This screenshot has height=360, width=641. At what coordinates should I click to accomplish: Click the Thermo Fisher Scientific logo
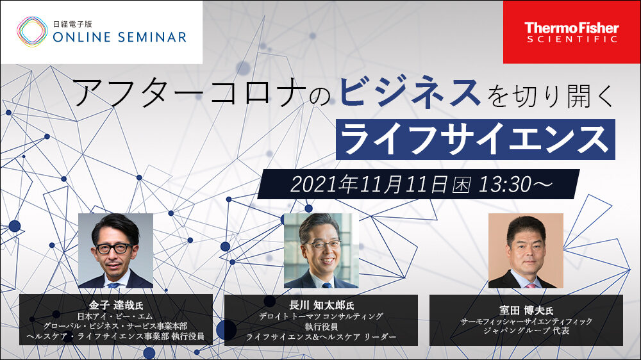pyautogui.click(x=572, y=32)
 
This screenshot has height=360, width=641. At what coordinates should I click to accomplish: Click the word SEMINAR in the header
pyautogui.click(x=153, y=38)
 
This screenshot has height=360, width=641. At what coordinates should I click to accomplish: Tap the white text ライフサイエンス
pyautogui.click(x=476, y=140)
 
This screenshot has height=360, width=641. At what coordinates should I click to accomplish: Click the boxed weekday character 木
pyautogui.click(x=461, y=184)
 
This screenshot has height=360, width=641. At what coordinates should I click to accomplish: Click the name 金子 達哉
pyautogui.click(x=111, y=306)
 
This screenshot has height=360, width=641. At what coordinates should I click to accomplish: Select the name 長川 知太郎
pyautogui.click(x=316, y=305)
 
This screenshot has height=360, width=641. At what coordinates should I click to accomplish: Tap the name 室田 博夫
pyautogui.click(x=521, y=310)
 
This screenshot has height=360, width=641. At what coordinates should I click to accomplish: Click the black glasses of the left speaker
pyautogui.click(x=114, y=248)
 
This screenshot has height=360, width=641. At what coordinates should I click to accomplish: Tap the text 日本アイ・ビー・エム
pyautogui.click(x=115, y=316)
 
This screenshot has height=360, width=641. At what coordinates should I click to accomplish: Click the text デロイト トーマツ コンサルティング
pyautogui.click(x=321, y=316)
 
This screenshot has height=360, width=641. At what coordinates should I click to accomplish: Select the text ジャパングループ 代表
pyautogui.click(x=526, y=331)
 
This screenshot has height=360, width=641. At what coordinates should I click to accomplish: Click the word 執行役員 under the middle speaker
pyautogui.click(x=321, y=327)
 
